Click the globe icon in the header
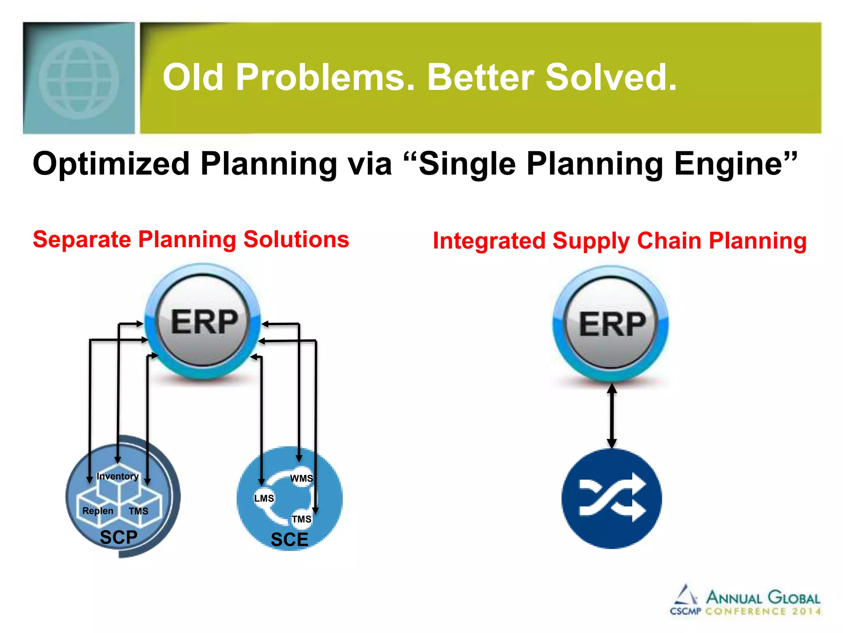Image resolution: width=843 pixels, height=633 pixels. [x=79, y=80]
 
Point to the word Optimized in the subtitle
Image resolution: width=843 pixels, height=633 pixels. [x=111, y=164]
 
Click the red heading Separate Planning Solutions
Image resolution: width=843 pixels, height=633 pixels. [x=191, y=239]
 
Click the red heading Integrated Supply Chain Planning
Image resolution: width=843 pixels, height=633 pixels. [x=619, y=241]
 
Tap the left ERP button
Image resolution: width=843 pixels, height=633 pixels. [x=203, y=322]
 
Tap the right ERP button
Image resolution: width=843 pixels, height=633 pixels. [x=611, y=324]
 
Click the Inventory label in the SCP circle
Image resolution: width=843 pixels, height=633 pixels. [x=117, y=476]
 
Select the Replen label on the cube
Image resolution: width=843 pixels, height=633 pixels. [x=98, y=511]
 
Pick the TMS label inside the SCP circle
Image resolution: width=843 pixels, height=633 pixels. [x=138, y=511]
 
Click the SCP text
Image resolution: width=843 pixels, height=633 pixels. [x=119, y=537]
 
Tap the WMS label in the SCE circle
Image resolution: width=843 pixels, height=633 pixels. [x=301, y=478]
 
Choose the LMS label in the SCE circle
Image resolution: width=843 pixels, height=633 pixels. [x=264, y=499]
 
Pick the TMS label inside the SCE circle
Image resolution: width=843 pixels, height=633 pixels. [x=301, y=519]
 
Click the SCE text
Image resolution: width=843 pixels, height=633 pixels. [x=289, y=540]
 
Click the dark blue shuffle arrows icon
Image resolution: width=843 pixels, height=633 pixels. [x=612, y=499]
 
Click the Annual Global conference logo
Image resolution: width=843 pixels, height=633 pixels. [x=745, y=601]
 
